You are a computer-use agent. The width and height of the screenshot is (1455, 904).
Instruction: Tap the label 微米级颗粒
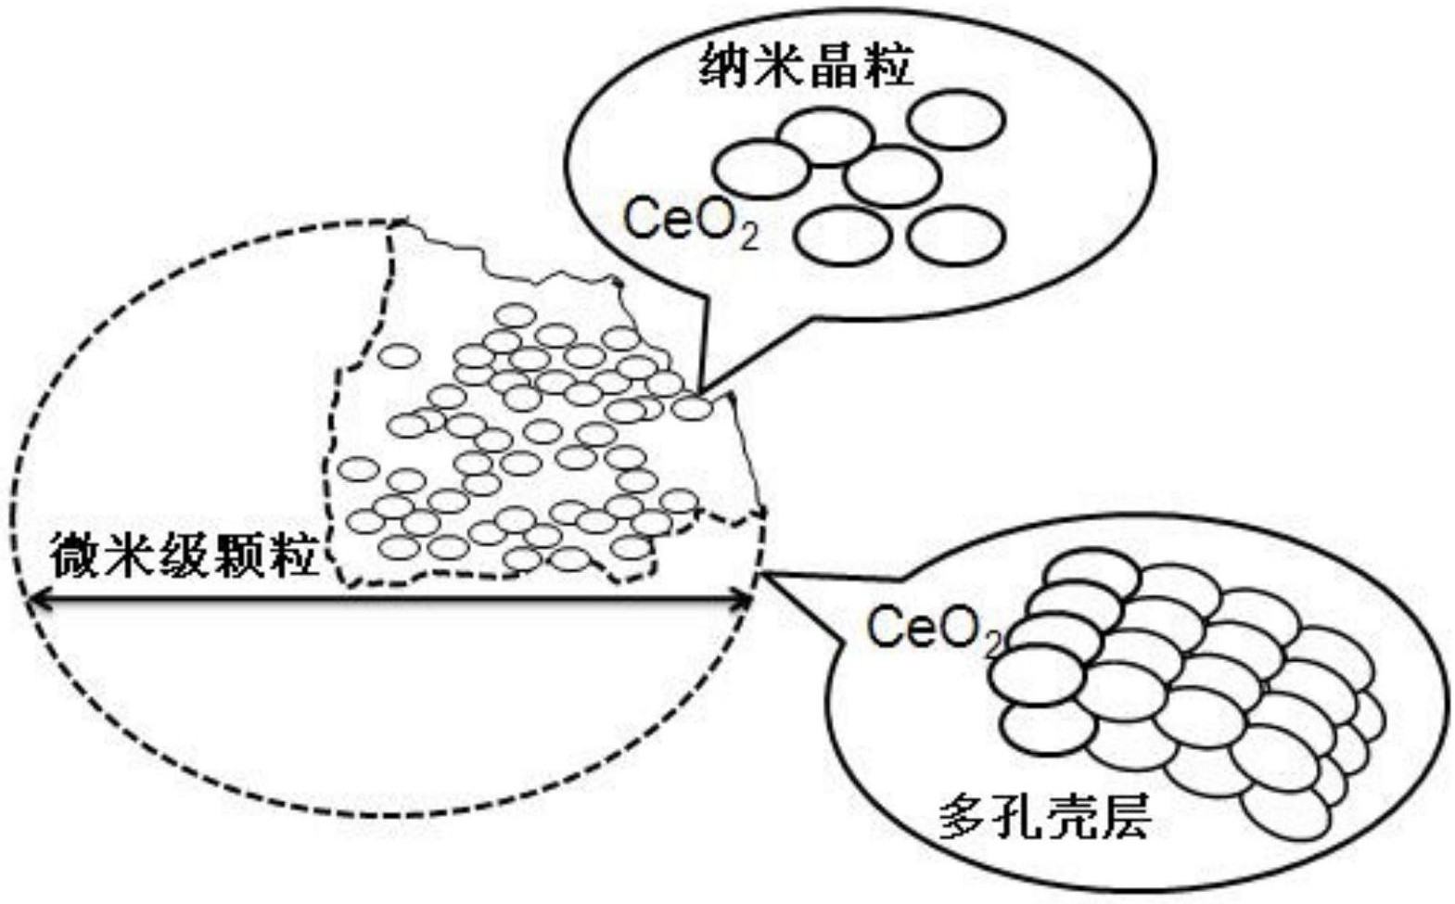(x=185, y=554)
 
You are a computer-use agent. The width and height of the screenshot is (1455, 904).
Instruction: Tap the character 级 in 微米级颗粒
(x=185, y=554)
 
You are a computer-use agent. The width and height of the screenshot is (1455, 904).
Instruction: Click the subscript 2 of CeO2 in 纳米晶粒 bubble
(x=749, y=238)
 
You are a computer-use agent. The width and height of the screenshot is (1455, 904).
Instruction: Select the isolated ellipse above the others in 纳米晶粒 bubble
(x=955, y=119)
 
